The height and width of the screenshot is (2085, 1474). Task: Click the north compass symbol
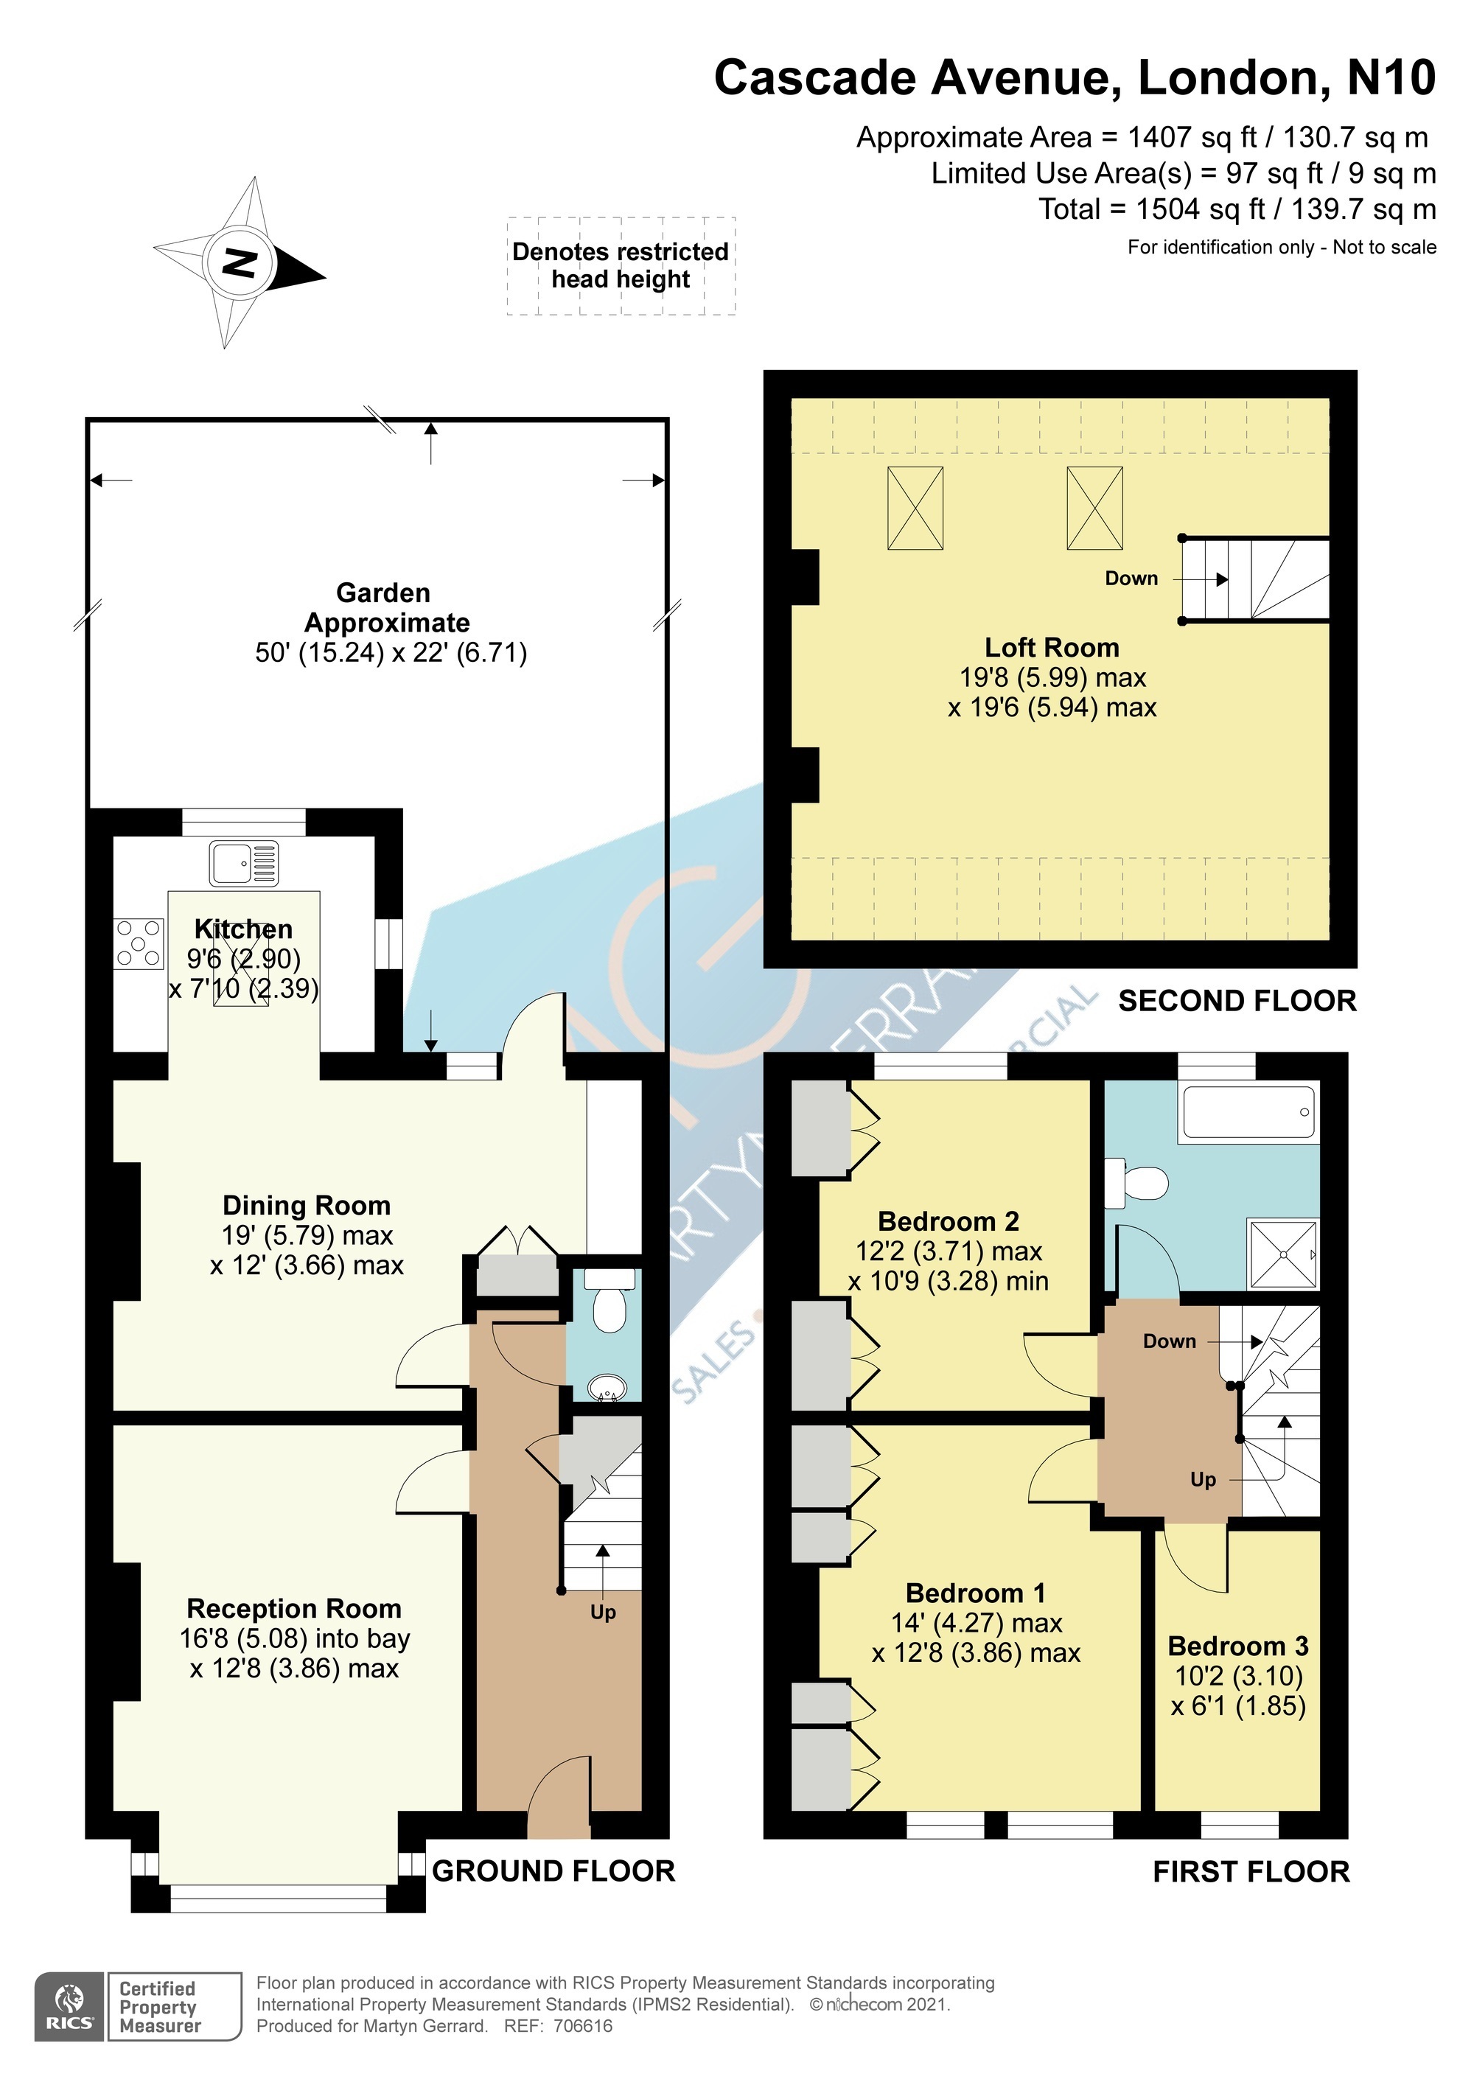coord(240,263)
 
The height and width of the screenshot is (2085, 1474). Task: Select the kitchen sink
coord(244,863)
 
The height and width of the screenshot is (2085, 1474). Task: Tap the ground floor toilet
coord(609,1300)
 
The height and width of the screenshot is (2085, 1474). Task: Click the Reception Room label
coord(294,1608)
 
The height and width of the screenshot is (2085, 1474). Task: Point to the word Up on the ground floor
coord(603,1612)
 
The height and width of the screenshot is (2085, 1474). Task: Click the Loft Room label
coord(1052,648)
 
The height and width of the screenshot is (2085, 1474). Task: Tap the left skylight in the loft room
coord(915,508)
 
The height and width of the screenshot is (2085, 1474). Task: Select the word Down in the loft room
coord(1131,579)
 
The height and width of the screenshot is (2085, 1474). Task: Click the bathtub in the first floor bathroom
coord(1248,1112)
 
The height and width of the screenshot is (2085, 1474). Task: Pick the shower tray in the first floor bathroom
coord(1284,1253)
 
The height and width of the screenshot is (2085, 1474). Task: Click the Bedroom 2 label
coord(949,1220)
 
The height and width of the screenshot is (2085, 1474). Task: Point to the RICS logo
coord(70,2007)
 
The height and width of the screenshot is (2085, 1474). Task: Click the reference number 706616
coord(583,2026)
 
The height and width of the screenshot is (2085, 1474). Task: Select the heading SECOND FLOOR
coord(1237,1001)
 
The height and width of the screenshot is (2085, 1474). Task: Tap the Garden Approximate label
coord(387,607)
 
